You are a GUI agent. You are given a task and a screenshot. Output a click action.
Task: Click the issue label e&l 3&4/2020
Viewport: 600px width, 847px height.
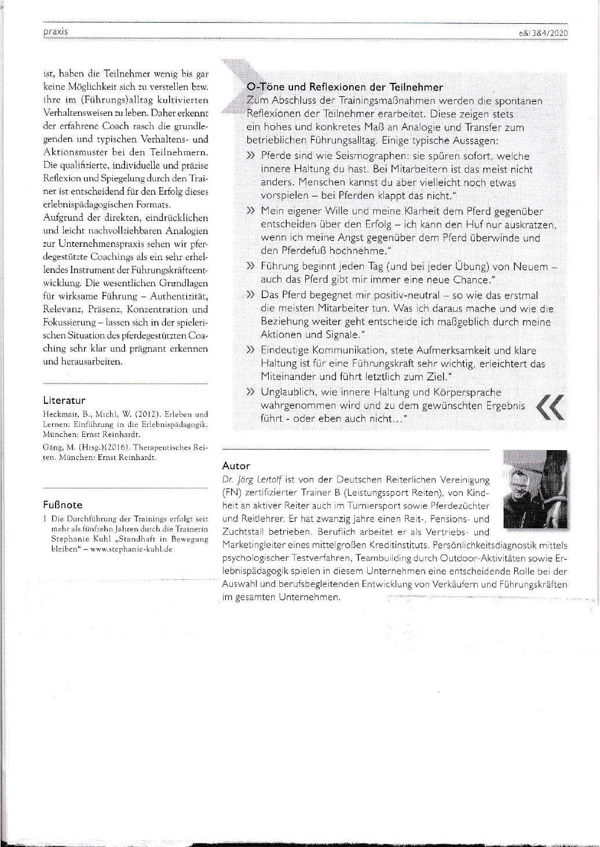point(544,34)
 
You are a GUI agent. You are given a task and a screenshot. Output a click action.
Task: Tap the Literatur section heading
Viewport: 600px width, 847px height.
point(64,400)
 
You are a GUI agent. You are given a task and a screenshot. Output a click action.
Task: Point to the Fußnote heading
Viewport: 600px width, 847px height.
point(63,505)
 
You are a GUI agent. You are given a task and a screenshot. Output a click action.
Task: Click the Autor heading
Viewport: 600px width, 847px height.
point(236,465)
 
